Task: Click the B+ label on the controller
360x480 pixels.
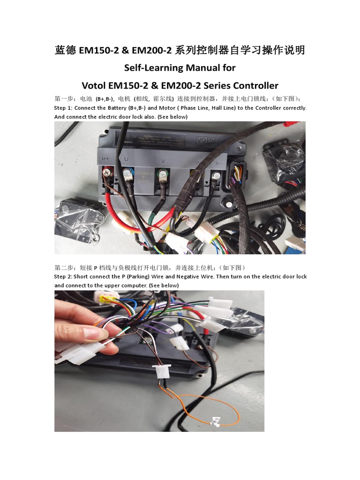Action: (x=106, y=158)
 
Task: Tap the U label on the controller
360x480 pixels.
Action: (x=126, y=159)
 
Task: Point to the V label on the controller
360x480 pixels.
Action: (x=163, y=161)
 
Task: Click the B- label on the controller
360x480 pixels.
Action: (x=218, y=163)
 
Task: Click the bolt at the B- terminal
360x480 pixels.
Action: (x=215, y=177)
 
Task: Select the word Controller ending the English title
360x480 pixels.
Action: (x=255, y=86)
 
